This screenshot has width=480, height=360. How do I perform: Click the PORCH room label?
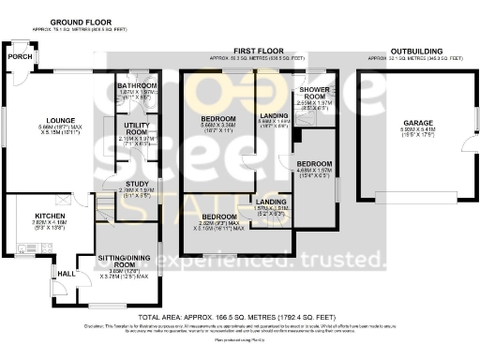pyautogui.click(x=16, y=56)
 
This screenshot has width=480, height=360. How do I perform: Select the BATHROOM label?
pyautogui.click(x=137, y=85)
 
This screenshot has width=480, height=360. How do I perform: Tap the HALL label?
pyautogui.click(x=67, y=273)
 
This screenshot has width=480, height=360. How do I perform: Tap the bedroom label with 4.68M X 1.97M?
pyautogui.click(x=314, y=163)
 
